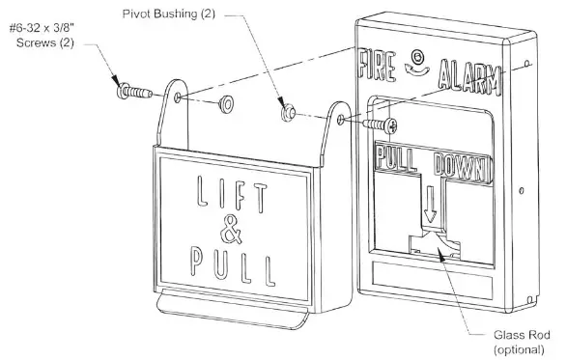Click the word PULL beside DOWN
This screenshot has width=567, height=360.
[x=396, y=156]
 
